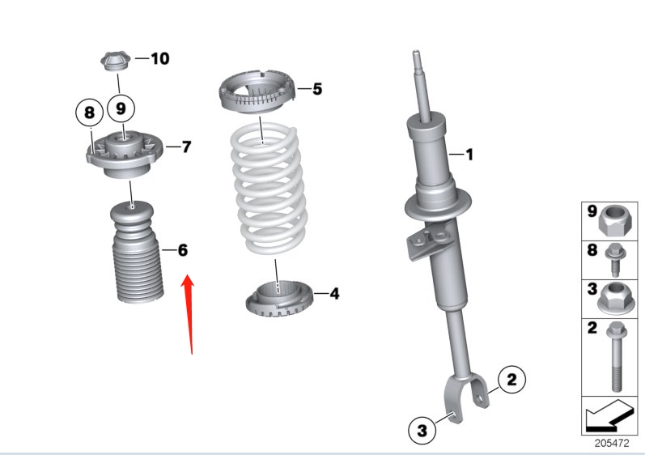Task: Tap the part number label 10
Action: click(159, 58)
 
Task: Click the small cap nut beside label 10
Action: click(115, 60)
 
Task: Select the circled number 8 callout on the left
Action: click(89, 112)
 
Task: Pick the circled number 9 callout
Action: click(121, 106)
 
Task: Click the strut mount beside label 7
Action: click(123, 153)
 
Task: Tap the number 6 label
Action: click(183, 250)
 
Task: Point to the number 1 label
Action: click(468, 153)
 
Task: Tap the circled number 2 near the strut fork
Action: click(511, 378)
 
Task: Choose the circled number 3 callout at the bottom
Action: click(422, 432)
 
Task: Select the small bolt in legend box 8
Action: click(615, 259)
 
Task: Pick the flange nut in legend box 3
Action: click(615, 300)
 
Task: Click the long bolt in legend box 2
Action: click(615, 355)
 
